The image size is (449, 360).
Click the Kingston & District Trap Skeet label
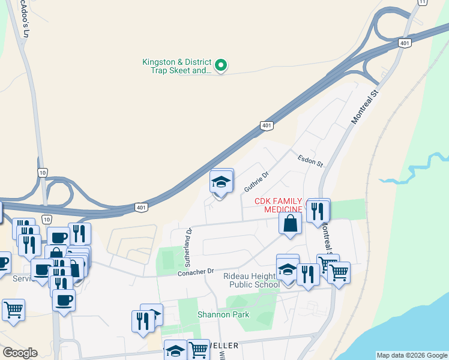point(176,66)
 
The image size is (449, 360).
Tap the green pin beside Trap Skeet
point(221,65)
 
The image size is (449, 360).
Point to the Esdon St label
point(310,160)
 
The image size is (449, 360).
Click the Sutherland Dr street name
point(188,247)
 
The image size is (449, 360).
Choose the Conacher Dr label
point(196,272)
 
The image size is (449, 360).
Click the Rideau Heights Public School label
point(251,280)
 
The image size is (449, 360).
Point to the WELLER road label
point(223,346)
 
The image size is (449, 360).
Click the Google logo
point(20,352)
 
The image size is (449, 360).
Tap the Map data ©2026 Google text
point(412,355)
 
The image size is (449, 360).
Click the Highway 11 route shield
point(423,3)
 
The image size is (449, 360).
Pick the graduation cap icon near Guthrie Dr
point(221,181)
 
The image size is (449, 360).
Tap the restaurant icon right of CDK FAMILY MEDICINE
point(318,211)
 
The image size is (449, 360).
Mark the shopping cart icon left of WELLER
point(197,350)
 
